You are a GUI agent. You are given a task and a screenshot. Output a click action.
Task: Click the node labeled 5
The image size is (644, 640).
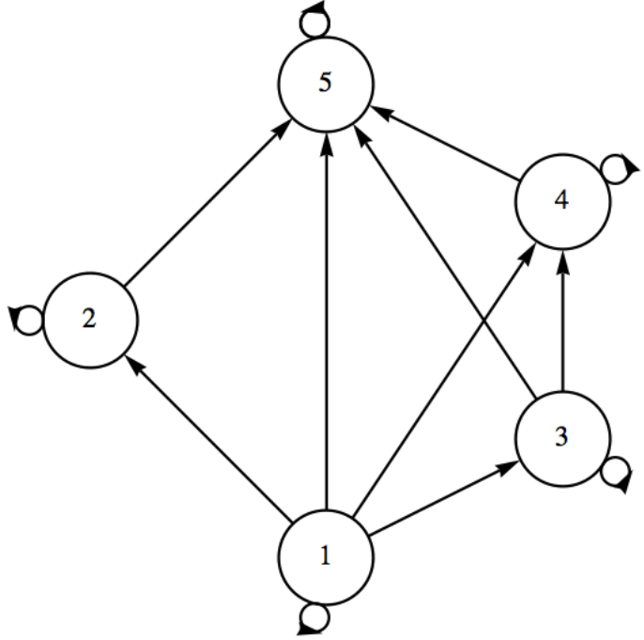(x=325, y=83)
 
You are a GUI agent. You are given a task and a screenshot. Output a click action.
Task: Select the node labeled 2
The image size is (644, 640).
(x=89, y=320)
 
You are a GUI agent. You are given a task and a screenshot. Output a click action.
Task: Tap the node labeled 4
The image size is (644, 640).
(x=561, y=202)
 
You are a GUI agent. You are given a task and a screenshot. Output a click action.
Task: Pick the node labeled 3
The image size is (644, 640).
(x=561, y=438)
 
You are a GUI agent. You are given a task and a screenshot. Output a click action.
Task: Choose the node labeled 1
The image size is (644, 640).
(x=325, y=556)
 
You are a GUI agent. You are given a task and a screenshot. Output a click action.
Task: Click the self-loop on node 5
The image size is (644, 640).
(x=313, y=18)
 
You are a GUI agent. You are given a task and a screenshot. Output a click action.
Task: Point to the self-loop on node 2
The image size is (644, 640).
(x=26, y=320)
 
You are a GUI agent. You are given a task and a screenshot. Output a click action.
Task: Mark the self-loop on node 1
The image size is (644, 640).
(x=314, y=618)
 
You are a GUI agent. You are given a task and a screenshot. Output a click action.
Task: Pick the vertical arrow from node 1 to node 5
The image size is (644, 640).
(x=326, y=320)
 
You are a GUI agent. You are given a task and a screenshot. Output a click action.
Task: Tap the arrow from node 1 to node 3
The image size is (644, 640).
(x=443, y=497)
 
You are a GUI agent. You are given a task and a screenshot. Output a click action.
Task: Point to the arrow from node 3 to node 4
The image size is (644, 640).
(x=561, y=320)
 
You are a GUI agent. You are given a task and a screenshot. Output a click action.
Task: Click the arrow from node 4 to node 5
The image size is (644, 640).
(x=443, y=143)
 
